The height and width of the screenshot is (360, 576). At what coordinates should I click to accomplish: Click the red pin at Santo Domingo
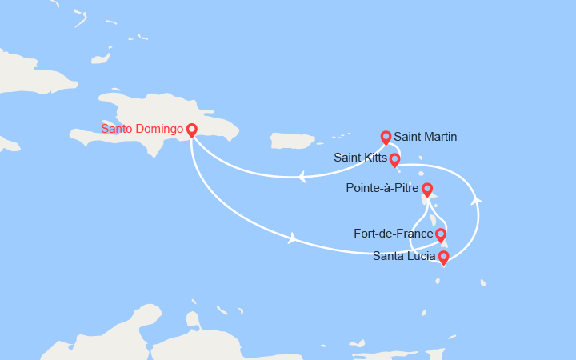(192, 130)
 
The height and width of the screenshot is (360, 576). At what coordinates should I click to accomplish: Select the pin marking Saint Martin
(386, 137)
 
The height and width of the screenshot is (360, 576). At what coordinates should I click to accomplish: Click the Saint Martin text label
(426, 137)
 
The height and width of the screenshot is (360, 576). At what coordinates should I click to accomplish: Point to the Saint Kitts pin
(394, 159)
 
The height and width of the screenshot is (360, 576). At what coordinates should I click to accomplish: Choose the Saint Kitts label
(360, 159)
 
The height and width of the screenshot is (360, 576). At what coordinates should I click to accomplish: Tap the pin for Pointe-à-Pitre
(427, 190)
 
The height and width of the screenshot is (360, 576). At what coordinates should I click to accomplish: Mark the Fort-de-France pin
(440, 234)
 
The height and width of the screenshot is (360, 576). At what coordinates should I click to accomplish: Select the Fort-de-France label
(394, 234)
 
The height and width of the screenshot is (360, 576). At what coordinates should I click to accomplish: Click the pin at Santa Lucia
(443, 257)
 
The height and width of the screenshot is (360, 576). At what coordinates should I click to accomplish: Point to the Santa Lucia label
(404, 257)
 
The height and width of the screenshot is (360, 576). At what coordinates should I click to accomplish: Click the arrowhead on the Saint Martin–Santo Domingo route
(302, 177)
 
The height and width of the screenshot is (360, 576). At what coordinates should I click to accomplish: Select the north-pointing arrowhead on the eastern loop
(477, 200)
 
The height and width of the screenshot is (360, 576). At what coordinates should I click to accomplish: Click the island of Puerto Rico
(293, 141)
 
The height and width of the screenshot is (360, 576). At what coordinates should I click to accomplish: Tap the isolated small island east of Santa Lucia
(483, 282)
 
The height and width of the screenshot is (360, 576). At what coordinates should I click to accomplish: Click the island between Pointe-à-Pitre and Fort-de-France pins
(434, 218)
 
